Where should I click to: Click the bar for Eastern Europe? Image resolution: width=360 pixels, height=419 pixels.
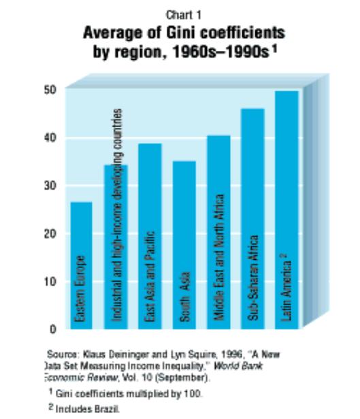81,265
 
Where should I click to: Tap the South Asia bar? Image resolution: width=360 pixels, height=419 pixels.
183,245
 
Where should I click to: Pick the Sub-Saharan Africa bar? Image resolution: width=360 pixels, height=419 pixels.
252,218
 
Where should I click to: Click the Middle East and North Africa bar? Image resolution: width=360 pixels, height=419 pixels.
218,232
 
